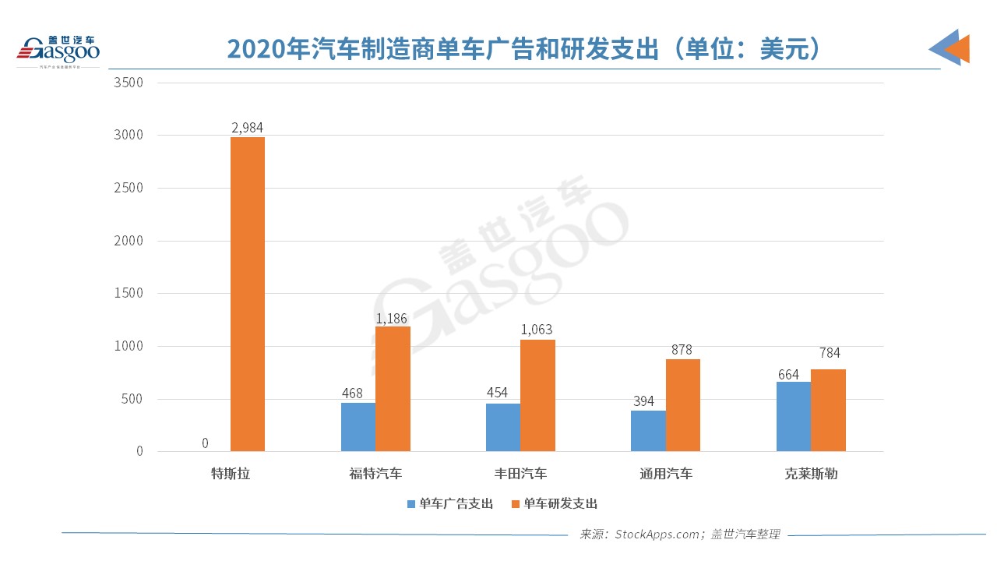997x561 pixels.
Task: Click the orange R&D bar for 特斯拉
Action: click(x=248, y=294)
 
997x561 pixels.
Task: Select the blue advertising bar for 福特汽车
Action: click(x=358, y=427)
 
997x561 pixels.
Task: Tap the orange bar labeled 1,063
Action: click(x=537, y=395)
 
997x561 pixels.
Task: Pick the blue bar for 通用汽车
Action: click(x=648, y=431)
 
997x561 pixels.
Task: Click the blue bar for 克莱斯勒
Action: click(x=793, y=416)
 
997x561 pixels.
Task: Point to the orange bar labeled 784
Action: click(x=828, y=410)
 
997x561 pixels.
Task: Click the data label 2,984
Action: click(x=248, y=127)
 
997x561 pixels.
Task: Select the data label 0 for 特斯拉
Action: click(x=205, y=443)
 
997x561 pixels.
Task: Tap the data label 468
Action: click(x=352, y=393)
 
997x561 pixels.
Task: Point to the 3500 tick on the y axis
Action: click(x=129, y=82)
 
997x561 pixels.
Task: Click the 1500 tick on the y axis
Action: click(x=129, y=293)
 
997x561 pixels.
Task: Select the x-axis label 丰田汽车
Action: click(x=520, y=474)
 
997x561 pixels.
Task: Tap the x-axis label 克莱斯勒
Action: click(x=811, y=474)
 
